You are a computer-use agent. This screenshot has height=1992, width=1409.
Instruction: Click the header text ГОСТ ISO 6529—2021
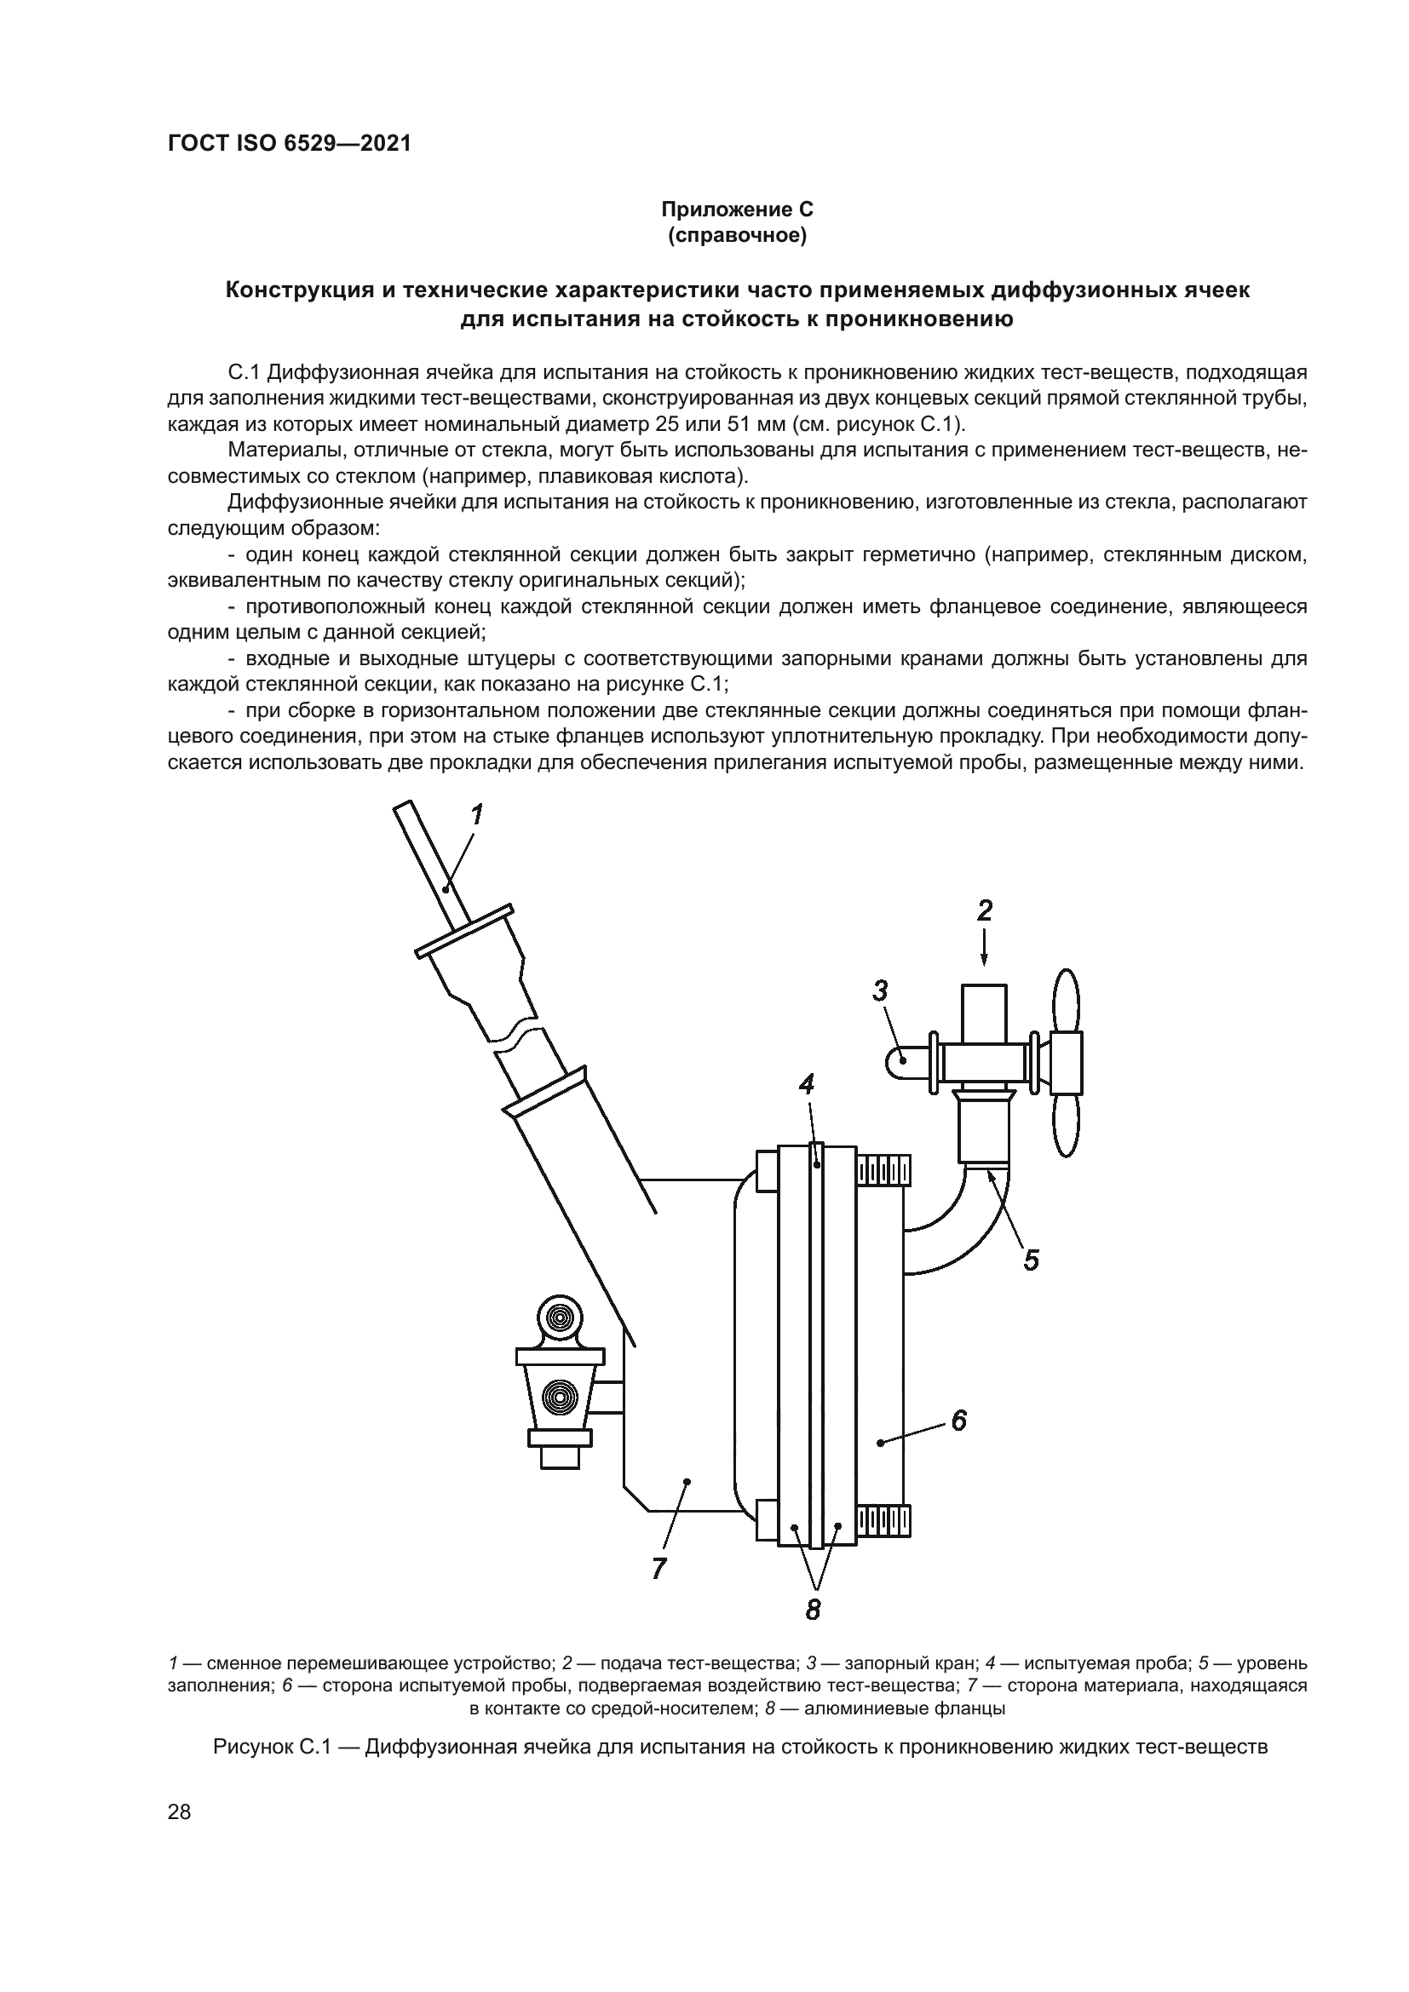point(289,144)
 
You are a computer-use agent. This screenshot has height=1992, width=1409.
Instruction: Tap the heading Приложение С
point(737,210)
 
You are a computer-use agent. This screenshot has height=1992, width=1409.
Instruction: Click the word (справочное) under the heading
point(737,235)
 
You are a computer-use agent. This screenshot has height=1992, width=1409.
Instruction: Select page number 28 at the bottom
point(180,1811)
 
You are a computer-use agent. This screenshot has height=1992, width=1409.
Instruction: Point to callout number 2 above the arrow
point(984,910)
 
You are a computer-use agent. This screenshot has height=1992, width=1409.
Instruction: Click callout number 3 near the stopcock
point(881,990)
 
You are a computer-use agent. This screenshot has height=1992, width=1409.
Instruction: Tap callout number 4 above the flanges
point(807,1084)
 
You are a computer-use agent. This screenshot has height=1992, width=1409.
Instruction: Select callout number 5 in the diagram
point(1031,1260)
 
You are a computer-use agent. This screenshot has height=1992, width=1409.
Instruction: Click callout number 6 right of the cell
point(958,1421)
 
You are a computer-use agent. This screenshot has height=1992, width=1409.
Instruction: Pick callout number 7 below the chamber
point(658,1568)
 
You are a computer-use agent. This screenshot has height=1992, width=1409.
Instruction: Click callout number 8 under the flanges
point(813,1610)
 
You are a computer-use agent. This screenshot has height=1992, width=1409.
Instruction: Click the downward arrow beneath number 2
point(984,947)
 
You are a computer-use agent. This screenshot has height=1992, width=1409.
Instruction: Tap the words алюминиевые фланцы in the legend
point(905,1709)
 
